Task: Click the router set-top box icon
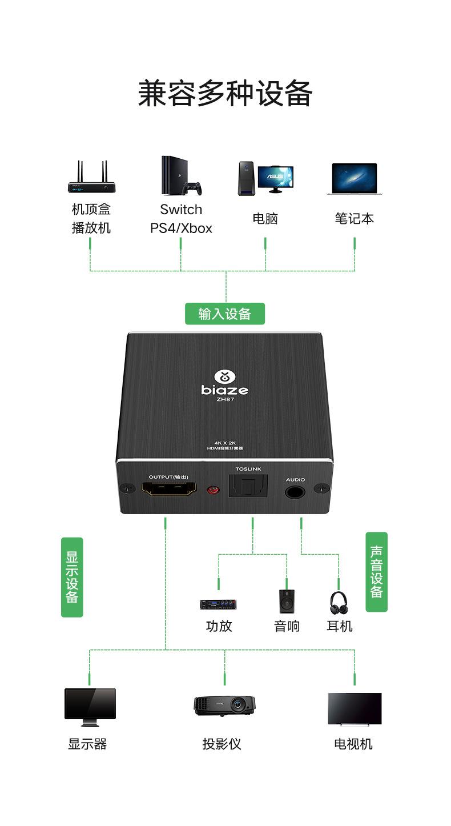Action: tap(91, 178)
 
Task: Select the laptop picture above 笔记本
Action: tap(355, 179)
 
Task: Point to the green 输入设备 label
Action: tap(225, 314)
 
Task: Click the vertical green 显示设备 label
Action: tap(72, 577)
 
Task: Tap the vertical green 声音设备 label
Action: tap(376, 572)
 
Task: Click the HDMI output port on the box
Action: tap(168, 490)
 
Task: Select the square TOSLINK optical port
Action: tap(248, 487)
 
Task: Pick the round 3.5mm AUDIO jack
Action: tap(295, 491)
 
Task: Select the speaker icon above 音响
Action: tap(287, 602)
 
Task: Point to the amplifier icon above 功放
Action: tap(218, 604)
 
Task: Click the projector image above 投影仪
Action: tap(224, 705)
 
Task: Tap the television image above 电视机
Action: tap(354, 709)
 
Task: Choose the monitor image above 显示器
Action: tap(90, 707)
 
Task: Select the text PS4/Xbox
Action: tap(181, 228)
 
